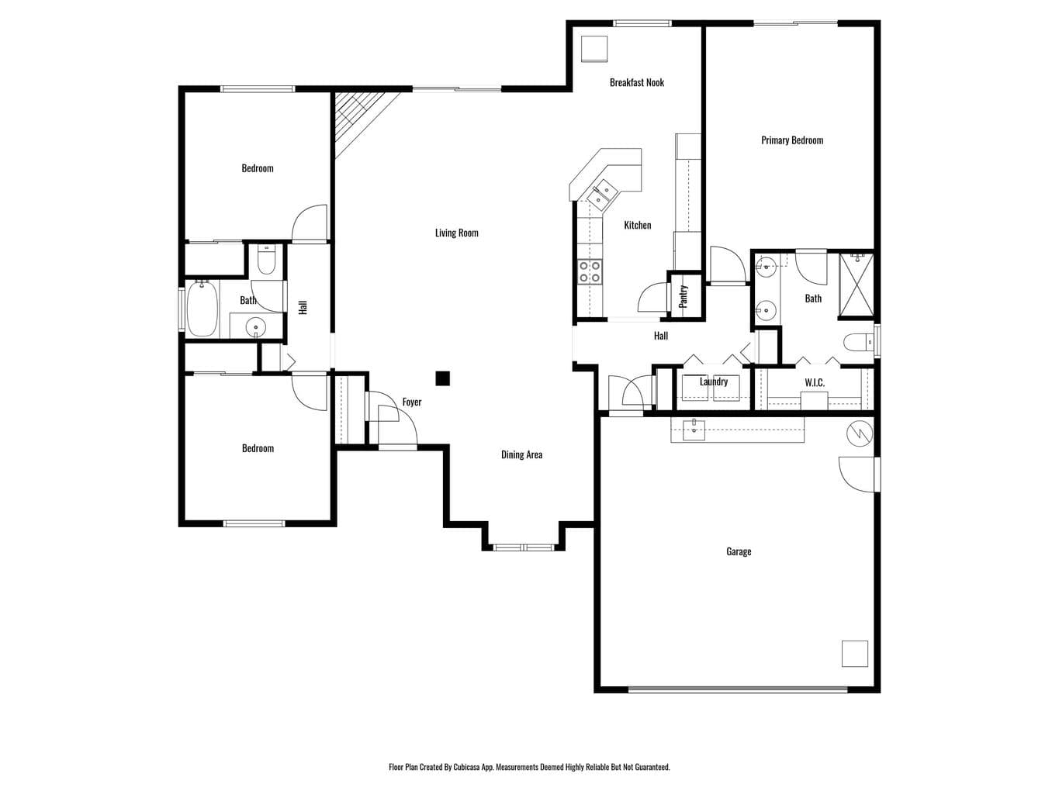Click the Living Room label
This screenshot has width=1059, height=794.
coord(456,233)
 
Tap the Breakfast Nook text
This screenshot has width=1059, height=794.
coord(636,82)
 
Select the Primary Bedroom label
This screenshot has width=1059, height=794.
coord(791,140)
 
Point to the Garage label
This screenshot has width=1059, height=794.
coord(738,551)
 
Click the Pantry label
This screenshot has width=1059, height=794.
coord(683,296)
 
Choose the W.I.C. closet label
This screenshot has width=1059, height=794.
coord(814,383)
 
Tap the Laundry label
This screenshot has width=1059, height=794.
coord(713,381)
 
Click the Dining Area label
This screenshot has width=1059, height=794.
coord(521,454)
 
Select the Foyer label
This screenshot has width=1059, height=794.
coord(411,402)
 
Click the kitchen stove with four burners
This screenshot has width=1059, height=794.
coord(590,271)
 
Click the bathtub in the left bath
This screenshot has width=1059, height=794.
coord(202,309)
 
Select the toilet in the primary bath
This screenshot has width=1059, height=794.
coord(858,343)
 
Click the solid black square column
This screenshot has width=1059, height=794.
coord(442,378)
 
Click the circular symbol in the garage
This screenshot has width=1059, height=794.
coord(860,433)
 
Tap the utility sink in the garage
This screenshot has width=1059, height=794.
coord(694,430)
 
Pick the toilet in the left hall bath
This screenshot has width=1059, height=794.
coord(266,260)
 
